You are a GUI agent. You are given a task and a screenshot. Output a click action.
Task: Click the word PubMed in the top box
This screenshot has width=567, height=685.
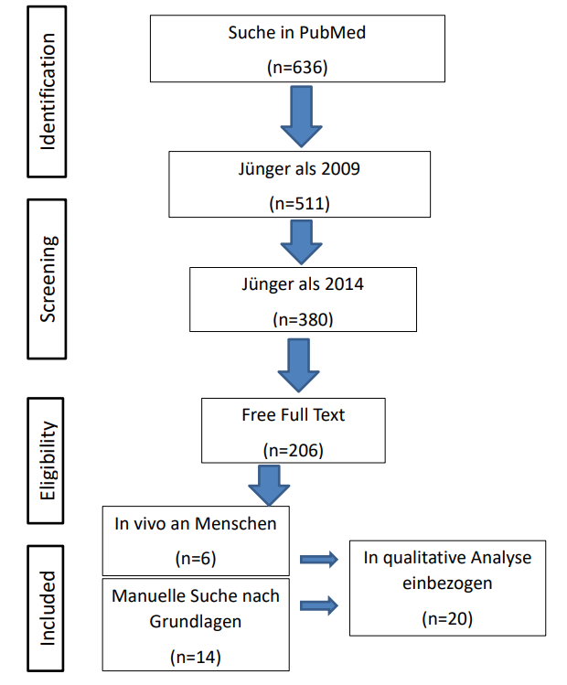pyautogui.click(x=332, y=33)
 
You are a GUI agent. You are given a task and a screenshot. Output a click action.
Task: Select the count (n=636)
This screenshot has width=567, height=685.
pyautogui.click(x=297, y=68)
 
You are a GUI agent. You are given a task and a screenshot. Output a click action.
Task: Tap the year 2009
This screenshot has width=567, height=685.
pyautogui.click(x=340, y=169)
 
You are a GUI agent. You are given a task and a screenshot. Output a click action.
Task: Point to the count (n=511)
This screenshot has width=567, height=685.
pyautogui.click(x=299, y=204)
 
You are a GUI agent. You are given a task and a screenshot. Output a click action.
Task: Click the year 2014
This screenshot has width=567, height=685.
pyautogui.click(x=344, y=284)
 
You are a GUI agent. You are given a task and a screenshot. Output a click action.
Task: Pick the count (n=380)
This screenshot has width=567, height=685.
pyautogui.click(x=303, y=319)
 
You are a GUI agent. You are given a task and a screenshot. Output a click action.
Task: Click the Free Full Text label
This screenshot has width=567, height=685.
pyautogui.click(x=294, y=415)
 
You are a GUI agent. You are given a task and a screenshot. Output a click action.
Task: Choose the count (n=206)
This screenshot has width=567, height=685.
pyautogui.click(x=294, y=450)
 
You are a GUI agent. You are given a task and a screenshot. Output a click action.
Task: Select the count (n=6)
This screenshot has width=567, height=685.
pyautogui.click(x=196, y=558)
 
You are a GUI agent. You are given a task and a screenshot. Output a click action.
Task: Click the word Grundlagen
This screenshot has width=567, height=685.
pyautogui.click(x=196, y=622)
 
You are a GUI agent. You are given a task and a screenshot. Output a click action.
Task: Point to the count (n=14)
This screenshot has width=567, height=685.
pyautogui.click(x=196, y=657)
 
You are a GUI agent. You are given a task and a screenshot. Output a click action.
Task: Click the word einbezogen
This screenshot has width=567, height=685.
pyautogui.click(x=447, y=583)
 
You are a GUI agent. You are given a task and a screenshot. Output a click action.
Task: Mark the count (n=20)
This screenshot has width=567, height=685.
pyautogui.click(x=447, y=618)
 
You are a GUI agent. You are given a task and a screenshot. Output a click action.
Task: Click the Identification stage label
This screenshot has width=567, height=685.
pyautogui.click(x=48, y=91)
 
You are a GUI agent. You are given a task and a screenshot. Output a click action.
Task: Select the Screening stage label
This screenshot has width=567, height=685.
pyautogui.click(x=48, y=279)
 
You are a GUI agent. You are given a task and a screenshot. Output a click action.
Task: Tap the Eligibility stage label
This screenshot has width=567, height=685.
pyautogui.click(x=48, y=460)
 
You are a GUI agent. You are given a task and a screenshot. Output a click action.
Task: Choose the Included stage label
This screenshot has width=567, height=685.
pyautogui.click(x=48, y=608)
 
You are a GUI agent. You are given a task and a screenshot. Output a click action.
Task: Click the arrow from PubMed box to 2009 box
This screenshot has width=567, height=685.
pyautogui.click(x=301, y=116)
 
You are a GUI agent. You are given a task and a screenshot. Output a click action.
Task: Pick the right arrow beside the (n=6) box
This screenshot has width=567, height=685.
pyautogui.click(x=319, y=559)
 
